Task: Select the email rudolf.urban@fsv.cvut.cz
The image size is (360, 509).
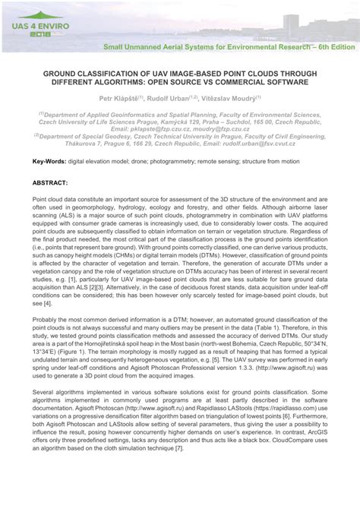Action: (x=273, y=142)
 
